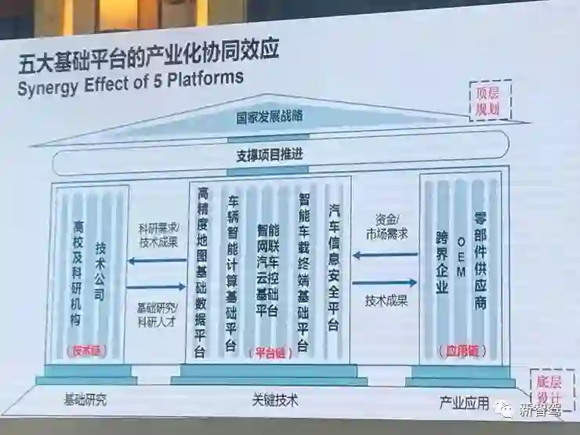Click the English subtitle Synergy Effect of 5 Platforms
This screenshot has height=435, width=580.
click(130, 82)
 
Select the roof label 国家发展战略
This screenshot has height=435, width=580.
click(270, 117)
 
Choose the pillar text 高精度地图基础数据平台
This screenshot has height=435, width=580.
click(202, 271)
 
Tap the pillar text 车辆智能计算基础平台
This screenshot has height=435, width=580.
click(231, 271)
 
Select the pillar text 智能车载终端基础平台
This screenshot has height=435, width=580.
click(304, 271)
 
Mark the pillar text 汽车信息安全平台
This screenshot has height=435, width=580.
click(334, 266)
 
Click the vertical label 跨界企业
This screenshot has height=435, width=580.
click(442, 263)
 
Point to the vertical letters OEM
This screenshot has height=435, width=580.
click(461, 257)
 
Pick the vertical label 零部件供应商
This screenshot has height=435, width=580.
click(480, 259)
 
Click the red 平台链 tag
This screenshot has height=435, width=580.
click(269, 353)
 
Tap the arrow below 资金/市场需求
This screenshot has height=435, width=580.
click(384, 254)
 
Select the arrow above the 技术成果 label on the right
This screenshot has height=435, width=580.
click(384, 282)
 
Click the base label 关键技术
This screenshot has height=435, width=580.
click(274, 400)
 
